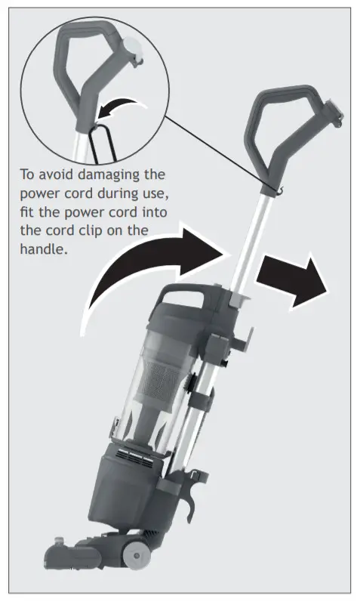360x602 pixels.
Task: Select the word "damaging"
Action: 113,174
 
